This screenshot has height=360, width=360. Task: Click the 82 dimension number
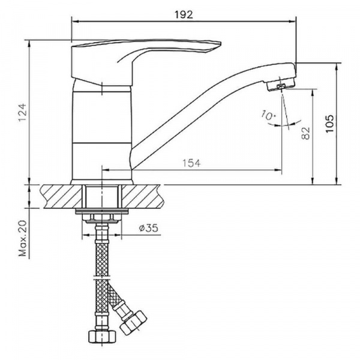click(305, 133)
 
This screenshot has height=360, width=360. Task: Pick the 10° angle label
click(268, 115)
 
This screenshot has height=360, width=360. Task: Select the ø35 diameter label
click(147, 228)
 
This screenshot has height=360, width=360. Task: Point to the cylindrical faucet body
click(101, 132)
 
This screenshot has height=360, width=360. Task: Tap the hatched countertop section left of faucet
click(60, 196)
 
